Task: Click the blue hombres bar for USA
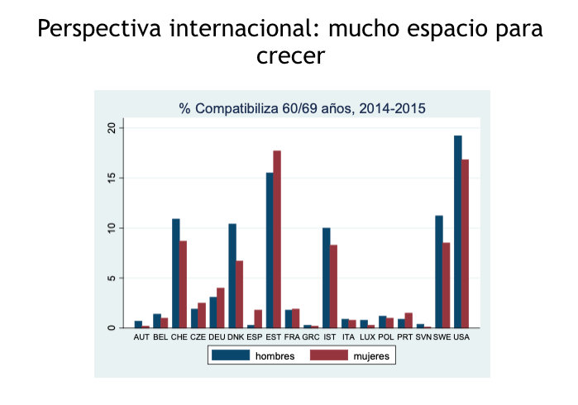click(x=457, y=231)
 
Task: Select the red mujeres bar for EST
click(x=278, y=239)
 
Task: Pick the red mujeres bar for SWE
click(x=447, y=285)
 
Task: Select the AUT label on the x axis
click(x=141, y=337)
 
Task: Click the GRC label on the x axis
click(x=311, y=337)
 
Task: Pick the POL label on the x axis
click(x=386, y=337)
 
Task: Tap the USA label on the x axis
click(x=461, y=337)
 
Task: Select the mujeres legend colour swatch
click(x=328, y=355)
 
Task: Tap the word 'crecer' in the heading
click(x=289, y=56)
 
